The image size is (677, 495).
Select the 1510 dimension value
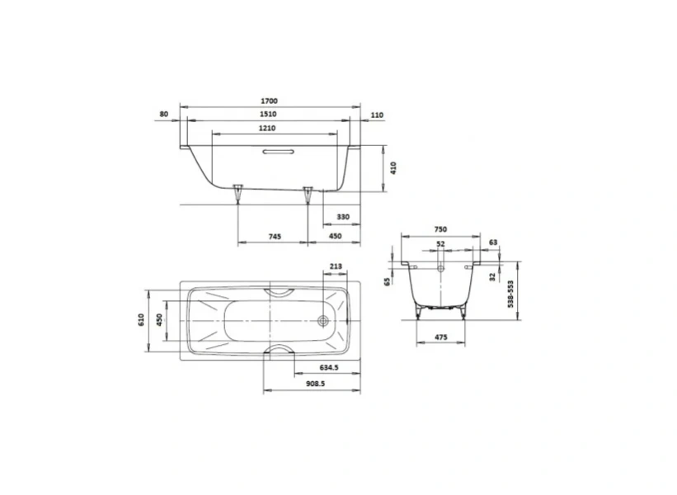[269, 115]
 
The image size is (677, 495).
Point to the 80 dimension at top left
[164, 114]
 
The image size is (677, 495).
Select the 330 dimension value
[342, 217]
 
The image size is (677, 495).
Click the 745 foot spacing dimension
[275, 237]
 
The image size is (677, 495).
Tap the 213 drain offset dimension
[336, 266]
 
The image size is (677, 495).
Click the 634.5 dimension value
[328, 368]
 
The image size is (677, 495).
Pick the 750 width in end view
[440, 230]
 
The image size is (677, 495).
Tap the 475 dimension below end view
[441, 337]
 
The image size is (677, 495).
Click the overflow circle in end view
[441, 267]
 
